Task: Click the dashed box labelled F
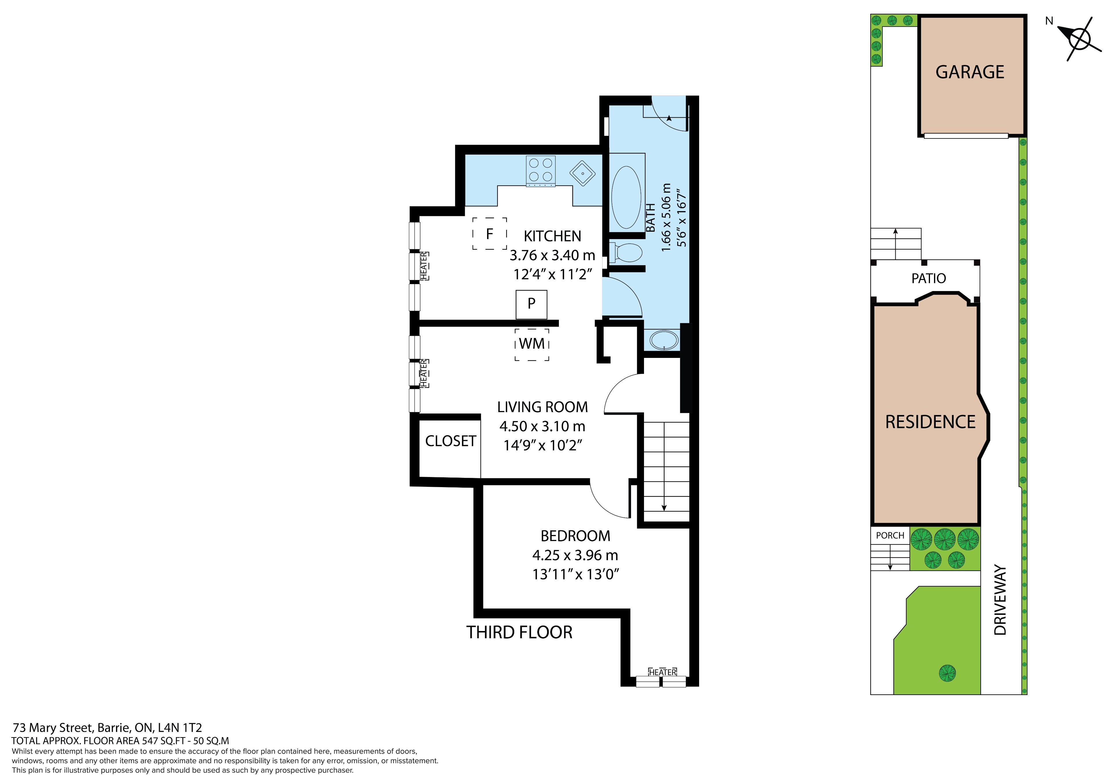(489, 234)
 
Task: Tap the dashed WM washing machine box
(532, 344)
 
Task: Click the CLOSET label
(450, 441)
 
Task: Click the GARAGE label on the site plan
(970, 72)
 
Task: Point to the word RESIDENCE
(931, 422)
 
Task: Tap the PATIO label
(929, 278)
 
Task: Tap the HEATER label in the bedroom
(662, 672)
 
